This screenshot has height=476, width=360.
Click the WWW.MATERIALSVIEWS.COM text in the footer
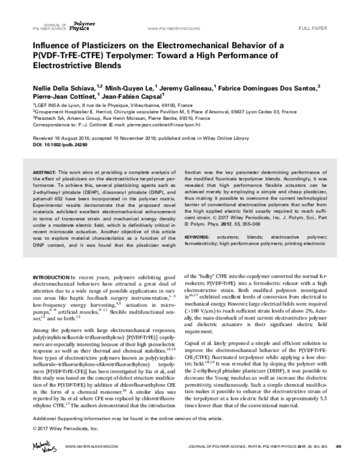pyautogui.click(x=90, y=463)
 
